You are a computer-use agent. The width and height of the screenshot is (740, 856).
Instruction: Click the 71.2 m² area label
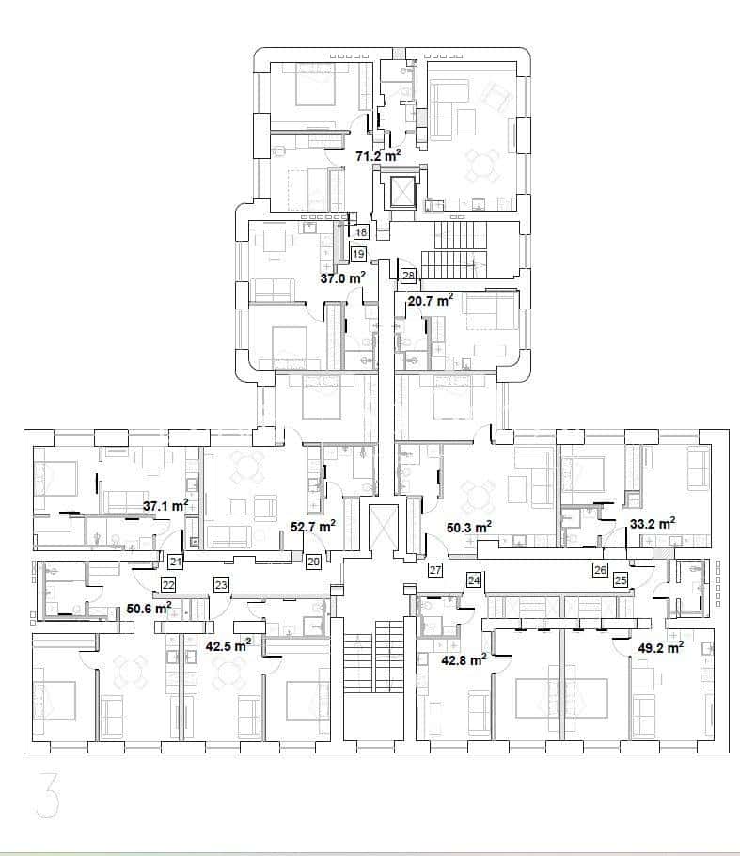(x=378, y=155)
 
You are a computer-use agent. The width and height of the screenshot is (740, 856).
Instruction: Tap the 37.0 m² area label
(x=342, y=277)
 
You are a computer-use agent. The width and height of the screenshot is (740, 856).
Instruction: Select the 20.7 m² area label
(x=431, y=300)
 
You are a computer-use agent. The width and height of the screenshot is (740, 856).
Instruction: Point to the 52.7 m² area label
(x=313, y=526)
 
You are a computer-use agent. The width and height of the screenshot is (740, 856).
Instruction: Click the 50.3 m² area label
(x=469, y=527)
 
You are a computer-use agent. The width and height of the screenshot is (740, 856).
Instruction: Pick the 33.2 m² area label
(x=653, y=524)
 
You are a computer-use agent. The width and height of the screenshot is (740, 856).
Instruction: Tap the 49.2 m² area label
(x=661, y=647)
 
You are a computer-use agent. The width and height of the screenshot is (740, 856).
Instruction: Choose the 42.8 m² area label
(x=464, y=660)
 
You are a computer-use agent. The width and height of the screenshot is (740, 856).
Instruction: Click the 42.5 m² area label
(x=228, y=646)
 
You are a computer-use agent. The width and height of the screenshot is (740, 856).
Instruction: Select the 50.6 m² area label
(x=149, y=608)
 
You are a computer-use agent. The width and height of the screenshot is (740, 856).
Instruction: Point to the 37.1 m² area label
(x=165, y=506)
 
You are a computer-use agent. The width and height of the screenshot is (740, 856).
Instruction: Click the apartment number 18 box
(x=361, y=232)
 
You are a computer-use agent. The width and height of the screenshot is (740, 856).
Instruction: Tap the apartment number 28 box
(x=408, y=276)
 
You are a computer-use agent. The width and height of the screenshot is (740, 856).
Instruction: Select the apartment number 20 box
(x=313, y=562)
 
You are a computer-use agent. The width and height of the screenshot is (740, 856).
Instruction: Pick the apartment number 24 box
(x=474, y=579)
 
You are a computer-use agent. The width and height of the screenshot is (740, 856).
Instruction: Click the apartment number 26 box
(x=600, y=570)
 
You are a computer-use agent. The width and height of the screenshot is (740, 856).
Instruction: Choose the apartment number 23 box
(x=221, y=585)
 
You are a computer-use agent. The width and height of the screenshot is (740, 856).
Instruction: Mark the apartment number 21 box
(x=175, y=562)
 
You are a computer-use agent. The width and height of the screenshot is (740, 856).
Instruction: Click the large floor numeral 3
(x=47, y=794)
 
